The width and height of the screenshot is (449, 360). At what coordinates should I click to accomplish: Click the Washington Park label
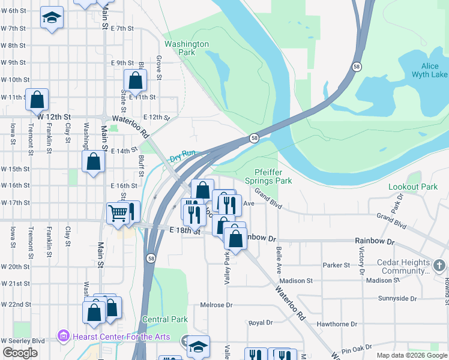(x=187, y=48)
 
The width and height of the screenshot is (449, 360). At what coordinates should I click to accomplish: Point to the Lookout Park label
(x=413, y=187)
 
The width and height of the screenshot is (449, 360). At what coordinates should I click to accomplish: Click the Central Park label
(x=165, y=320)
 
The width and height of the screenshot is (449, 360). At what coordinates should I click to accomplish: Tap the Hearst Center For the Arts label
(x=121, y=337)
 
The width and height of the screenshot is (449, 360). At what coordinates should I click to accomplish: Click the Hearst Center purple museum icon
(x=64, y=336)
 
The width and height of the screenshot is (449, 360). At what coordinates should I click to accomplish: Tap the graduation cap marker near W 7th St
(x=52, y=17)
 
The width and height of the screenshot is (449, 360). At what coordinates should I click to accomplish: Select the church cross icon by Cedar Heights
(x=439, y=265)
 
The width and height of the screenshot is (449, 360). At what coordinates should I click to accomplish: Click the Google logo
(x=20, y=353)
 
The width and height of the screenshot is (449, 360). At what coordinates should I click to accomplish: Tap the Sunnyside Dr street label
(x=397, y=298)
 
